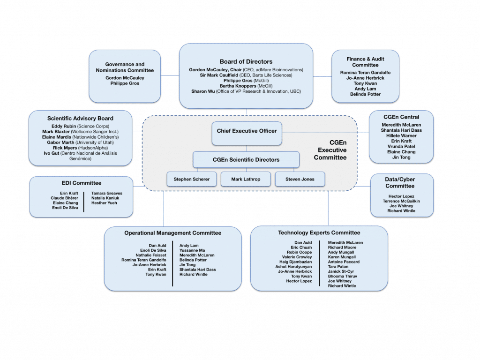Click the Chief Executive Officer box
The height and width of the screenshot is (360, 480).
247,131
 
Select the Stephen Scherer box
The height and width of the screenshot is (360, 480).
192,179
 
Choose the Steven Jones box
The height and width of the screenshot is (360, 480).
300,179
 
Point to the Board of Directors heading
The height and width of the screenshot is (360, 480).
246,61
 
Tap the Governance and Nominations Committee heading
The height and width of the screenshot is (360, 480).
125,67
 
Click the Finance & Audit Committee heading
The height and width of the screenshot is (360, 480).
365,62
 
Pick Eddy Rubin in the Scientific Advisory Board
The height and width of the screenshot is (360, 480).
64,127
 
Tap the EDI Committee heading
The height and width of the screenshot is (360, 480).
82,183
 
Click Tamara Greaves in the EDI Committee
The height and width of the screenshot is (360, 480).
107,193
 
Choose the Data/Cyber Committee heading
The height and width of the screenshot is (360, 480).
400,182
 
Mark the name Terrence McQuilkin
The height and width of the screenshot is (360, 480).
401,201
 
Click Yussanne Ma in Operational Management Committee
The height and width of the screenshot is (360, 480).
192,250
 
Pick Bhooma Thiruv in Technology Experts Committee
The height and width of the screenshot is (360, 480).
342,276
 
